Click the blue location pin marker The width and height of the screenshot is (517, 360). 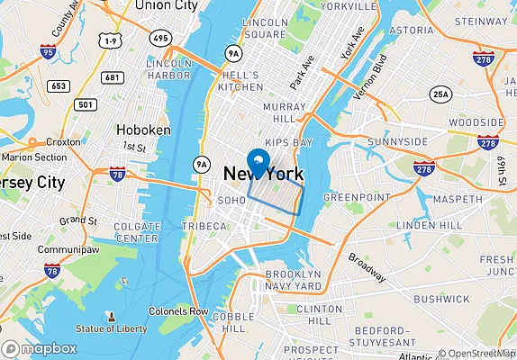tap(258, 163)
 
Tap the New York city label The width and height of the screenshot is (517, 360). tap(263, 175)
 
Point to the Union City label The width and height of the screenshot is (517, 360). tap(166, 6)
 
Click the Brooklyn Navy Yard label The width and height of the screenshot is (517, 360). tap(291, 280)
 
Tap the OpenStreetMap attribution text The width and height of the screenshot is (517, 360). tap(476, 353)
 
